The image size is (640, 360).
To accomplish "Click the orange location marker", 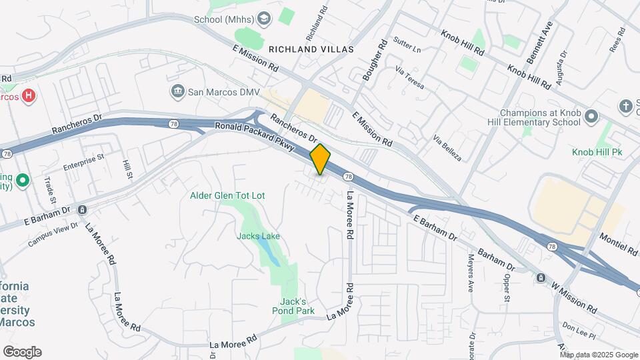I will point(321,159).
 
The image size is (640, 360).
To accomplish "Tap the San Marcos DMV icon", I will point(177,91).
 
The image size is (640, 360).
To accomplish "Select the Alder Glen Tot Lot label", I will point(227,195).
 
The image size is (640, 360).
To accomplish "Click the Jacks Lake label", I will point(258,236).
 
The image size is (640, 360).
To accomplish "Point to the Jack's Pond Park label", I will point(293,306).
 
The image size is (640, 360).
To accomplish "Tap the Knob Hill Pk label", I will point(597,152).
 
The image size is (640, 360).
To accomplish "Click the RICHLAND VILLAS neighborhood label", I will point(311,49).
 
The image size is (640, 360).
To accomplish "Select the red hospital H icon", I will point(28,96).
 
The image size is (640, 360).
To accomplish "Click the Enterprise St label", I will point(84,161).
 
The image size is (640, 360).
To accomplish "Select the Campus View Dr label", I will point(53,235).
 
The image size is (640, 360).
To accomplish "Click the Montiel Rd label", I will point(618,243).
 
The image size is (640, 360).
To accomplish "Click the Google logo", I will point(22,352).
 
